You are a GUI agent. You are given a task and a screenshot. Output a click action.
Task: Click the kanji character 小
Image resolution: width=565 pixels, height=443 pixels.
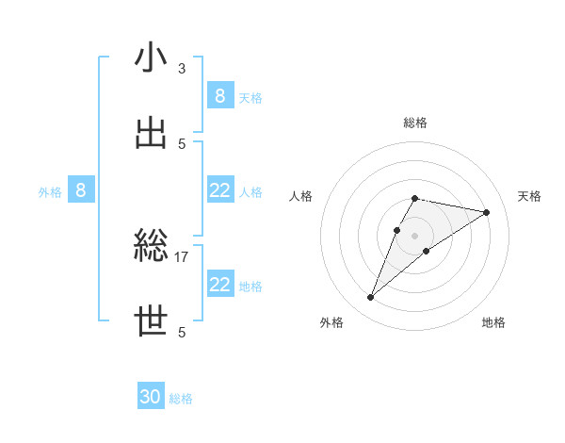coord(152,57)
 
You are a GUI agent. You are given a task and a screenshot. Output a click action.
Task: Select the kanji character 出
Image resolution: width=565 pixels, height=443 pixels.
coord(152,133)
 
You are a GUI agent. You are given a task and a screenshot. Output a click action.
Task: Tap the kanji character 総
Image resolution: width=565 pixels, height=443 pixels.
coord(152,247)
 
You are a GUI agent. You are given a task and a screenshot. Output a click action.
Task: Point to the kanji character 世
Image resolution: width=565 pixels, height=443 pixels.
coord(152,322)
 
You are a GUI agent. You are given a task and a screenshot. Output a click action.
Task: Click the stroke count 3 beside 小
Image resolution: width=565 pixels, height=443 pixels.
coord(182,68)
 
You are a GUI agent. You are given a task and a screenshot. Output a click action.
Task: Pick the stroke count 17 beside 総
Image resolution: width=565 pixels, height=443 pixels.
coord(182,256)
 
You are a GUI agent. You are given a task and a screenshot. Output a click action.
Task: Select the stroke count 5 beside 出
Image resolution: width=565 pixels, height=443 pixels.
coord(182,143)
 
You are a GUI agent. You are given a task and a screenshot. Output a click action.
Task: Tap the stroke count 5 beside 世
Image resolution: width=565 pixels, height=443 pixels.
coord(182,332)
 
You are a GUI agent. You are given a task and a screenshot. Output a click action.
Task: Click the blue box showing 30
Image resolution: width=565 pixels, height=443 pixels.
coord(151,397)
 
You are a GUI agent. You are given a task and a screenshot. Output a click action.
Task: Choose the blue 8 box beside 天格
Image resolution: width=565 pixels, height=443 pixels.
coord(219,95)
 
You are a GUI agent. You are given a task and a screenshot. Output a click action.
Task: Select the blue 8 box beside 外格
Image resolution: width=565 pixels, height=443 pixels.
coord(81,190)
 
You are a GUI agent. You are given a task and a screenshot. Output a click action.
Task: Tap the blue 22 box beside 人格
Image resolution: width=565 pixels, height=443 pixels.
coord(219,190)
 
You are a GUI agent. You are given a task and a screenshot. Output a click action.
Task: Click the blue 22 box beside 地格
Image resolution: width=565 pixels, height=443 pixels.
coord(219,285)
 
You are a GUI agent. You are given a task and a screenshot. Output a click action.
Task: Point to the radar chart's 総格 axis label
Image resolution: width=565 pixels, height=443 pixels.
coord(415,123)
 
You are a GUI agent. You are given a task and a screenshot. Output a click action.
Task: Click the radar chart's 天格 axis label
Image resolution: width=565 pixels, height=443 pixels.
coord(529,196)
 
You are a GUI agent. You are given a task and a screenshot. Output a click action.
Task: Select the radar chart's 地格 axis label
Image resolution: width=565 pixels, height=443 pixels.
coord(493,322)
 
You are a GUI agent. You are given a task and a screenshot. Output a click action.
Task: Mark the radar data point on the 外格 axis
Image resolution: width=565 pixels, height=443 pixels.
coord(371,298)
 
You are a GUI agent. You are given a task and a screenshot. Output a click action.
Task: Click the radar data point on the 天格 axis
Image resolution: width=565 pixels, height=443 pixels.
coord(486,212)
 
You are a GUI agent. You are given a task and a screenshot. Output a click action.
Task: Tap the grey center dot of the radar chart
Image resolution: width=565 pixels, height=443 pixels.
coord(414,236)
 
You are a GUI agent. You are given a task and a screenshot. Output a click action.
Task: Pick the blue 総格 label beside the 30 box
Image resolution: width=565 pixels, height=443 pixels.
coord(181,399)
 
